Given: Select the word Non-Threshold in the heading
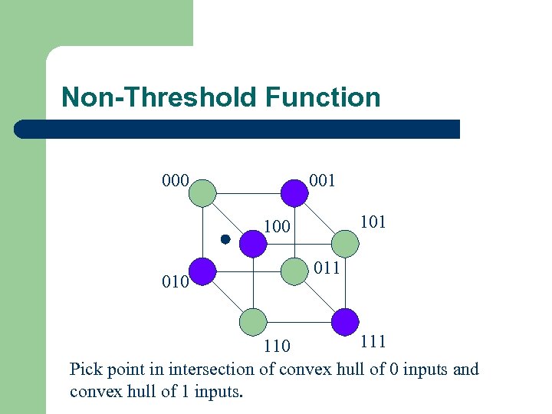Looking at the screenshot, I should click(159, 97).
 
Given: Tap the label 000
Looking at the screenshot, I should click(176, 181).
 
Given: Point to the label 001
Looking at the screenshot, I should click(322, 181).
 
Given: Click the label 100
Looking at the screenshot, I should click(277, 227).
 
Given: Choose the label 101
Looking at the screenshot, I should click(372, 222).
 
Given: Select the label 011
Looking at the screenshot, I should click(326, 268).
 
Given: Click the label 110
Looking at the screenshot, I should click(277, 347).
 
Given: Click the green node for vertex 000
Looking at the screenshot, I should click(203, 192).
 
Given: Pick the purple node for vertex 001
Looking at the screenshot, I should click(294, 192).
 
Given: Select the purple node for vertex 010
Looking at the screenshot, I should click(203, 271).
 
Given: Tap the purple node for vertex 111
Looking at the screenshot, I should click(345, 322).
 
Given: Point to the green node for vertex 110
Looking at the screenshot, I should click(253, 322).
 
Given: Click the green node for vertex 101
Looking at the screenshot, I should click(345, 244).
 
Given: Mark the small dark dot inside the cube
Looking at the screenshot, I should click(225, 239).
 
